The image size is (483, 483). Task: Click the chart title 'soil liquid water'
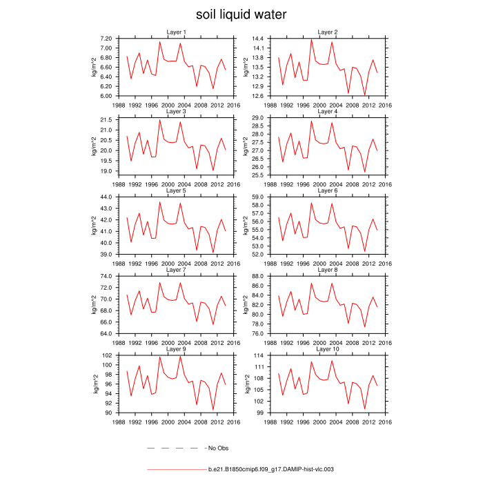coord(241,14)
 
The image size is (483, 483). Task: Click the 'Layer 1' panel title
coord(176,32)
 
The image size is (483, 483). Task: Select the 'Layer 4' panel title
coord(327,111)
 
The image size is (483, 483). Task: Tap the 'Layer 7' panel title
coord(176,269)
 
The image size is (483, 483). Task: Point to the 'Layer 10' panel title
coord(327,348)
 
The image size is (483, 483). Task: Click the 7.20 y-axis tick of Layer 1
coord(106,39)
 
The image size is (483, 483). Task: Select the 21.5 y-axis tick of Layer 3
coord(106,120)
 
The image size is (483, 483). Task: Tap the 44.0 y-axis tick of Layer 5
coord(106,197)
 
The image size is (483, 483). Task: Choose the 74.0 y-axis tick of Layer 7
coord(106,276)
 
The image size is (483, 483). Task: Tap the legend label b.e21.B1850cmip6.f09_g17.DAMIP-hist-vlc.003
coord(271,469)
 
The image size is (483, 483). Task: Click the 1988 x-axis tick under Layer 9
coord(119,420)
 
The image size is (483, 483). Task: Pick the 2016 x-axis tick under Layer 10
coord(385,420)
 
